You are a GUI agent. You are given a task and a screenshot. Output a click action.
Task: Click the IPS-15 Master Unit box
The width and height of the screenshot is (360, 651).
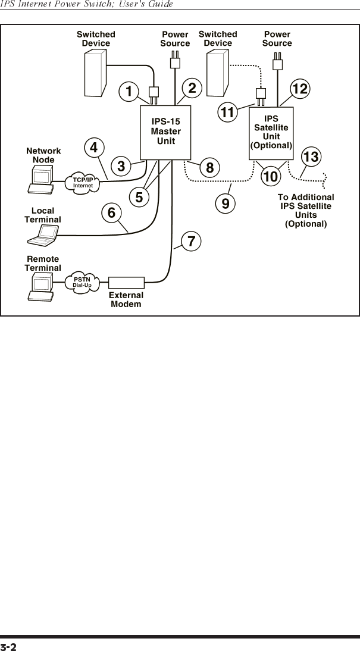(x=165, y=132)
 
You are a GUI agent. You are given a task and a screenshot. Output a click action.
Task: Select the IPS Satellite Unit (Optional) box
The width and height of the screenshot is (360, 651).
(x=271, y=132)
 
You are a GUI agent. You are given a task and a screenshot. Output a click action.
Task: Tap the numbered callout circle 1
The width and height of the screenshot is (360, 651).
(x=127, y=92)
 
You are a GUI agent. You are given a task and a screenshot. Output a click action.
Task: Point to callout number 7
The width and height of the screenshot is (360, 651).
(x=191, y=242)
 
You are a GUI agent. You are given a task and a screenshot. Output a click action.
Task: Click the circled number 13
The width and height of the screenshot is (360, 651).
(x=311, y=157)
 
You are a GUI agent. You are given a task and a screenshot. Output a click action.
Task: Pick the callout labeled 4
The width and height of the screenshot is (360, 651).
(x=93, y=146)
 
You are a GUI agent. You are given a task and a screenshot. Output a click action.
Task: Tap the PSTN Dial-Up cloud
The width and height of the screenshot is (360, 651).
(x=82, y=282)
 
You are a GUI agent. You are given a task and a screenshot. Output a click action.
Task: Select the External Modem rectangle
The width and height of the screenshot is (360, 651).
(x=127, y=283)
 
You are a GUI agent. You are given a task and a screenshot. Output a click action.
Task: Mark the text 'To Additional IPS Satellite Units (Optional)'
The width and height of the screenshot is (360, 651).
(x=306, y=210)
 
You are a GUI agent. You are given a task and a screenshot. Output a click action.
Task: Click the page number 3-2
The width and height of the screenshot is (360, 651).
(x=8, y=646)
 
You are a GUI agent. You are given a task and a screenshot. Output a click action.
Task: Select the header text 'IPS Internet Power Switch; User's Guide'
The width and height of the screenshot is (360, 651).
(x=87, y=4)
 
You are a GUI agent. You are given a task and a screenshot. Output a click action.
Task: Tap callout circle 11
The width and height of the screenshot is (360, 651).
(x=227, y=111)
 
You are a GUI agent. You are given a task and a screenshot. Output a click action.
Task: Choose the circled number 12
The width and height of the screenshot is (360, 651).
(x=300, y=89)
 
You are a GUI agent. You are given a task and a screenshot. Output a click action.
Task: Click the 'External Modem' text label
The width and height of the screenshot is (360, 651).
(x=126, y=299)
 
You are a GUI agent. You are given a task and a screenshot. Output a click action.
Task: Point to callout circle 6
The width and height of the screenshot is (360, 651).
(x=111, y=211)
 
